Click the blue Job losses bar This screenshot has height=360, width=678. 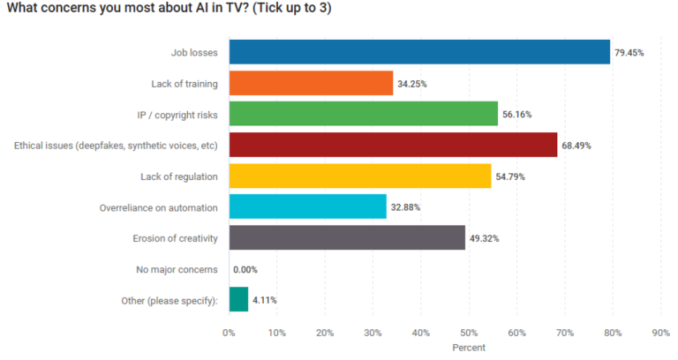(x=419, y=52)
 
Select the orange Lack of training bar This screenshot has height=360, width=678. (x=311, y=83)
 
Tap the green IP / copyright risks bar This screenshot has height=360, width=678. (x=363, y=114)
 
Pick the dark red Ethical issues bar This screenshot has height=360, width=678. (x=393, y=145)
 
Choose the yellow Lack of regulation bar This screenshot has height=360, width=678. (x=359, y=176)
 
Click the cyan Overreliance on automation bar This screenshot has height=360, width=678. (x=307, y=206)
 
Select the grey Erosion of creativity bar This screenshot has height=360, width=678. (x=347, y=237)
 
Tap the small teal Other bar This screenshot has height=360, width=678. (x=238, y=299)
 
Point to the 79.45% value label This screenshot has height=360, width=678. (x=629, y=53)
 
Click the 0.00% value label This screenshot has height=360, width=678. (x=245, y=269)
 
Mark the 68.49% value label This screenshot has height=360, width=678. (x=576, y=146)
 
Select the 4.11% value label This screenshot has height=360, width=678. (x=265, y=300)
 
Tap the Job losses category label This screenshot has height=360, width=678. (x=194, y=53)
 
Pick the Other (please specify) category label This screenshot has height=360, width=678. (x=169, y=300)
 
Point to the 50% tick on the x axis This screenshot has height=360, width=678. (x=469, y=333)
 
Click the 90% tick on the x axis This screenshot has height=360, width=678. (x=660, y=333)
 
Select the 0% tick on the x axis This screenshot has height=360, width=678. (x=229, y=333)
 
